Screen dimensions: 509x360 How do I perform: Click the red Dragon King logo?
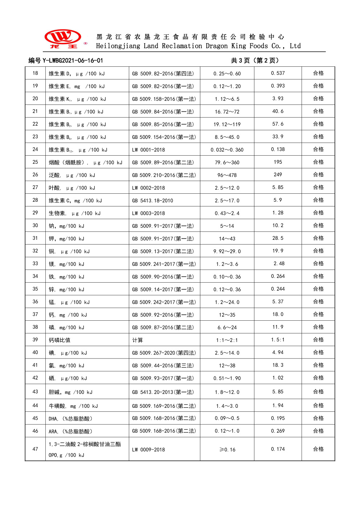click(x=63, y=38)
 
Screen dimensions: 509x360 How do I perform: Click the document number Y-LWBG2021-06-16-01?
click(x=66, y=61)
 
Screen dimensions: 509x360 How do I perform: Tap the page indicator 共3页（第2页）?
click(x=255, y=61)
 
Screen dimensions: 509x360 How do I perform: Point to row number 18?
click(x=35, y=73)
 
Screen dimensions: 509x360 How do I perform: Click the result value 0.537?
click(x=278, y=73)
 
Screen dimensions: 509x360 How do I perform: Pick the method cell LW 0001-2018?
click(x=148, y=150)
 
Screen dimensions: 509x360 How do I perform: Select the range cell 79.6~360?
click(x=227, y=163)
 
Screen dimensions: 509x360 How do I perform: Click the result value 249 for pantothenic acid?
click(x=278, y=175)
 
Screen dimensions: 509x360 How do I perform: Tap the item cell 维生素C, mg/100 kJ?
click(x=75, y=201)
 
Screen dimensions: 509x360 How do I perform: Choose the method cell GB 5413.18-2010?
click(x=152, y=201)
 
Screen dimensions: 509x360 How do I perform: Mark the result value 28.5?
click(x=278, y=238)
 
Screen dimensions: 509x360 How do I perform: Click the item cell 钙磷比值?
click(x=60, y=340)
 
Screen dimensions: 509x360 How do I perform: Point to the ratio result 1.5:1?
click(x=278, y=340)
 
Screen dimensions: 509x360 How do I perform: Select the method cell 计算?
click(x=138, y=340)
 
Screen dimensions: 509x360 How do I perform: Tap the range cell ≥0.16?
click(x=227, y=450)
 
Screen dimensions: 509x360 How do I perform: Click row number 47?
click(x=35, y=449)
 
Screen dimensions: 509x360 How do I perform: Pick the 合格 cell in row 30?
click(x=318, y=226)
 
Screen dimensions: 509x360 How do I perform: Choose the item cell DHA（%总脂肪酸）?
click(x=70, y=419)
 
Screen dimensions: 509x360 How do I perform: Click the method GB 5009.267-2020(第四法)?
click(x=164, y=353)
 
